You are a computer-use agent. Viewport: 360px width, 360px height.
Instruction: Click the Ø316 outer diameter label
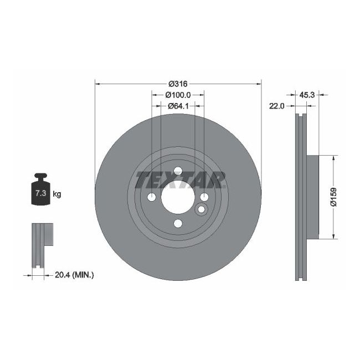pos(178,84)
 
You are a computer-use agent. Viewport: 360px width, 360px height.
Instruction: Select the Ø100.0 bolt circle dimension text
pos(178,95)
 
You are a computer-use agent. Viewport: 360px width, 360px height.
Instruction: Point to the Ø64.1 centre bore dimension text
pos(178,105)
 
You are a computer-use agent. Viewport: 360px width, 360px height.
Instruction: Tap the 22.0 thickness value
pos(276,106)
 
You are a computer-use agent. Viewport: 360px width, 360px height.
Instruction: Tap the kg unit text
pos(56,194)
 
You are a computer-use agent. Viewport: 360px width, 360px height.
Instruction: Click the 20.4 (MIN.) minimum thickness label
pos(74,274)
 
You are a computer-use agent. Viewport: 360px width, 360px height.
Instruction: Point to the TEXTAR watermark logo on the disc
pos(181,180)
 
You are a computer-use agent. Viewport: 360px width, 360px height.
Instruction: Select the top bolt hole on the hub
pos(178,172)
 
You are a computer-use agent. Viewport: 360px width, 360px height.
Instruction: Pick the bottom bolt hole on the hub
pos(178,223)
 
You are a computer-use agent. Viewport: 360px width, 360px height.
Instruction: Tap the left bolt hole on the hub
pos(152,197)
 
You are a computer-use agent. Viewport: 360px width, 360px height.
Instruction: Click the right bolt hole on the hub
pos(204,197)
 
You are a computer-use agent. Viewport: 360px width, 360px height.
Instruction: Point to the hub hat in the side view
pos(313,197)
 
